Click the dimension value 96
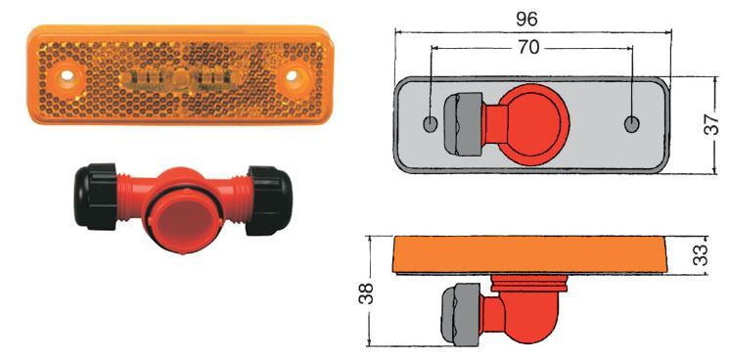[x=527, y=20]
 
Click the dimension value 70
[x=528, y=47]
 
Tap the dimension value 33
[x=701, y=254]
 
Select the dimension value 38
[x=367, y=292]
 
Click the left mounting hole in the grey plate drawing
[x=431, y=124]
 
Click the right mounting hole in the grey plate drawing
[x=632, y=124]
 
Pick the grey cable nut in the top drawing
[x=463, y=124]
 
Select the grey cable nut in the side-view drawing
[x=461, y=314]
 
